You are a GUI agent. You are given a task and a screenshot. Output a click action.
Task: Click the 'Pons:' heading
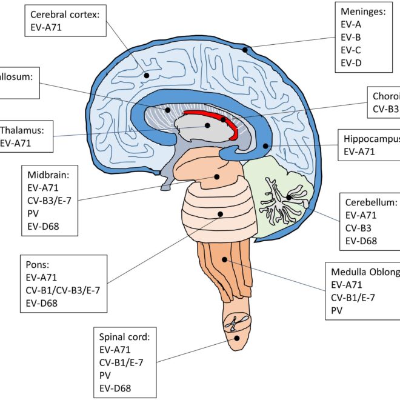(x=37, y=264)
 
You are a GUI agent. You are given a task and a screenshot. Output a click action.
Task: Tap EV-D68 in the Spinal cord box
(x=115, y=388)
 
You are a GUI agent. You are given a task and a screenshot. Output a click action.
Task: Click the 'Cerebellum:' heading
(x=371, y=202)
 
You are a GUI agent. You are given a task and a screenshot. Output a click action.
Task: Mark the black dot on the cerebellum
(x=289, y=197)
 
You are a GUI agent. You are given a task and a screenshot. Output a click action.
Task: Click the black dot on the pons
(x=219, y=213)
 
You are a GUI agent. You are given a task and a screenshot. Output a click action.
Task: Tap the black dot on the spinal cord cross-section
(x=237, y=339)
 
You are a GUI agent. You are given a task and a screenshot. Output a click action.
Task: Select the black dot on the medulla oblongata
(x=225, y=259)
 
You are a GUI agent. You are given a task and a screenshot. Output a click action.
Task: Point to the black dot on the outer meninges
(x=245, y=50)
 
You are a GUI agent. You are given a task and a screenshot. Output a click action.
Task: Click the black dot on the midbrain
(x=217, y=177)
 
